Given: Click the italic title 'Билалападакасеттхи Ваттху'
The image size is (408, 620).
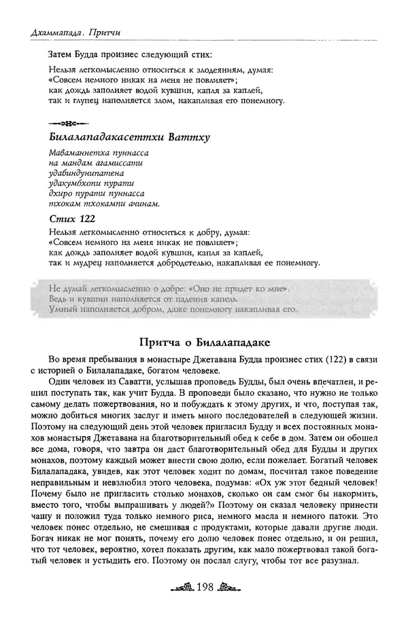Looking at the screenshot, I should click(129, 138).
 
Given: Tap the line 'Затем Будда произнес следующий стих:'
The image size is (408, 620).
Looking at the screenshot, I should click(131, 53).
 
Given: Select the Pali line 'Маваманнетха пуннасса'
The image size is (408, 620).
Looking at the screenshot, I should click(99, 154).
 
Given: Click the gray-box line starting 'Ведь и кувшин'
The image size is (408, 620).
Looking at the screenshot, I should click(143, 299).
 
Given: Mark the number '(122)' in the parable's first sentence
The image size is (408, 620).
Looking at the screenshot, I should click(305, 359).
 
